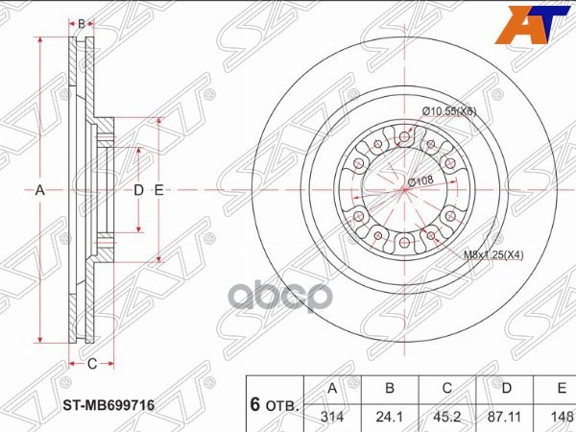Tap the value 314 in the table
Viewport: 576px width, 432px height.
(332, 416)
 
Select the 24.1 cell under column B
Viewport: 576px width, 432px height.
(390, 416)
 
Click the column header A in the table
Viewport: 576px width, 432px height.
(332, 389)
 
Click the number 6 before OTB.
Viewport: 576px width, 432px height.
(257, 403)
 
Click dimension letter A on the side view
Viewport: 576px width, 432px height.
(40, 190)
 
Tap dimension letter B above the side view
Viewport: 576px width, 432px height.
(83, 23)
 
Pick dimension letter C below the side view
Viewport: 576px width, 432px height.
(92, 364)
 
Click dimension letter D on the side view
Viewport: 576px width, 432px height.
(138, 190)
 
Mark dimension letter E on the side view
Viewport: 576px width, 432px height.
(158, 190)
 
